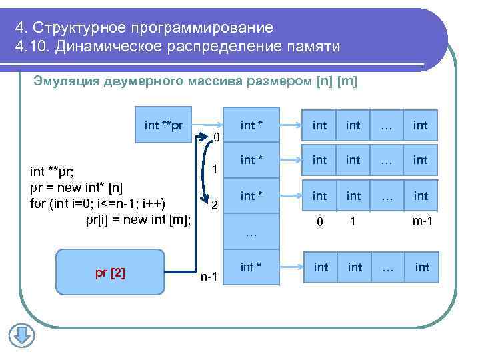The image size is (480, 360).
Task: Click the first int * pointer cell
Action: [251, 125]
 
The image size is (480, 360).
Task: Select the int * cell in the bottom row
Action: [251, 267]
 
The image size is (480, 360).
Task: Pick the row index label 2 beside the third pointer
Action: [214, 205]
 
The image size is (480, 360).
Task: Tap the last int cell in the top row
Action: [421, 125]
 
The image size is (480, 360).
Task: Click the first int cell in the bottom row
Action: [321, 267]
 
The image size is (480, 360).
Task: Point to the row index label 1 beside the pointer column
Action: [214, 170]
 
